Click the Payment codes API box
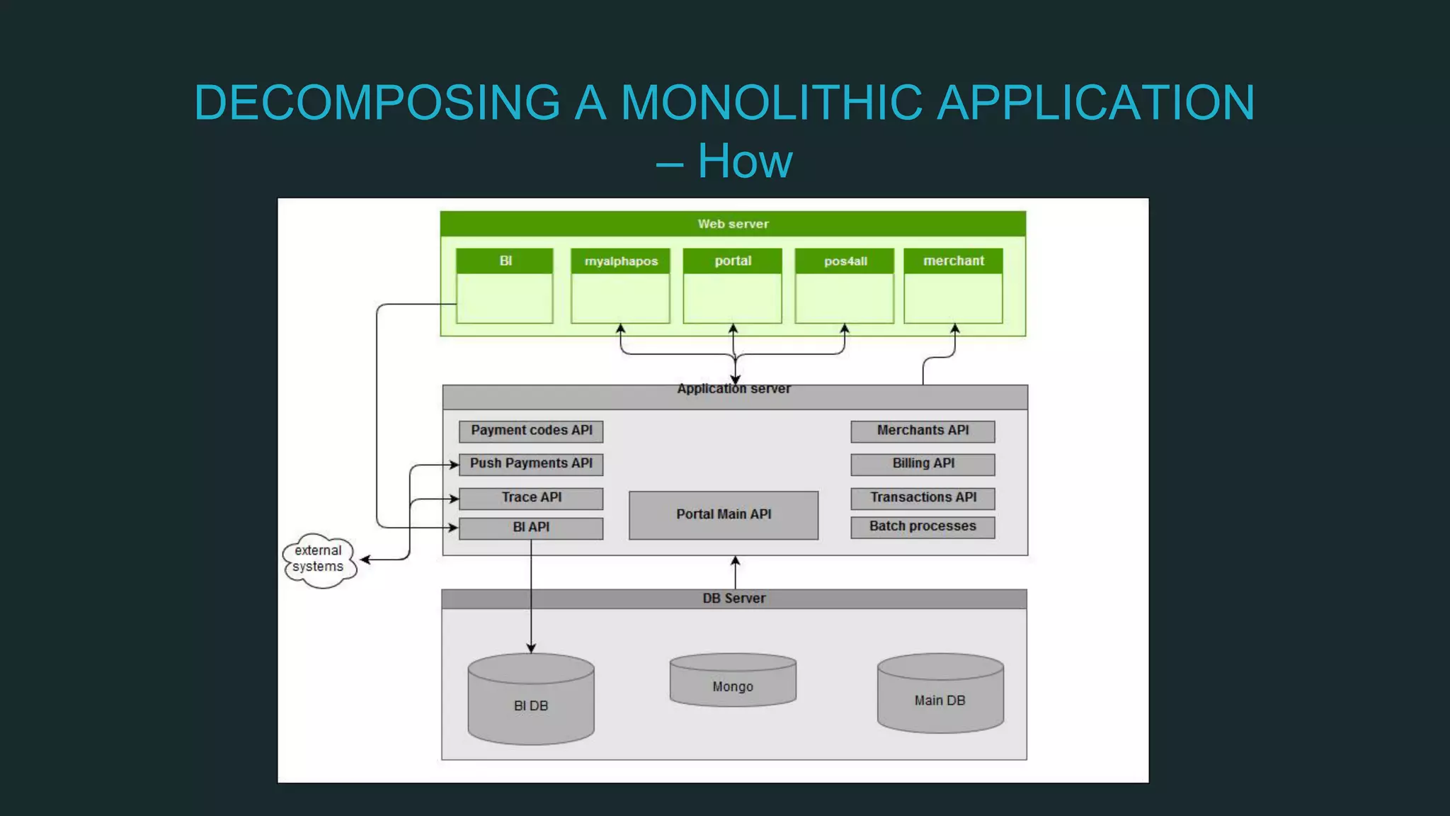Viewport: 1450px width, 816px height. coord(531,431)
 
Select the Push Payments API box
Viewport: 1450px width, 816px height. coord(531,464)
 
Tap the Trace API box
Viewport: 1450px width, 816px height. coord(531,498)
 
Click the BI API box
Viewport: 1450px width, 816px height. coord(531,528)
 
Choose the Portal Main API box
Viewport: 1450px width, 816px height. coord(724,515)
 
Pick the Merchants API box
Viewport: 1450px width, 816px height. coord(923,431)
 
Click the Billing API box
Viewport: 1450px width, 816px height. coord(923,464)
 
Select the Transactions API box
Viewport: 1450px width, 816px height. coord(923,498)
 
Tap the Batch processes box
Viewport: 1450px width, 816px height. coord(923,527)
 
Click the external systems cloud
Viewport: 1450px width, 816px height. coord(319,560)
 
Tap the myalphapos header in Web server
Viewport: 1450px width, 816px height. coord(621,261)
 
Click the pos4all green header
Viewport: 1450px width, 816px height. coord(845,261)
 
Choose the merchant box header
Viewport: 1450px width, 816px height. coord(953,261)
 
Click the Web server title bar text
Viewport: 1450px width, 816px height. coord(733,224)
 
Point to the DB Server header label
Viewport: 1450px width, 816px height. coord(733,599)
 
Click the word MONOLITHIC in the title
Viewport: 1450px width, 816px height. coord(772,103)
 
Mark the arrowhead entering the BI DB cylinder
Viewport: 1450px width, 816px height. coord(531,648)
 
